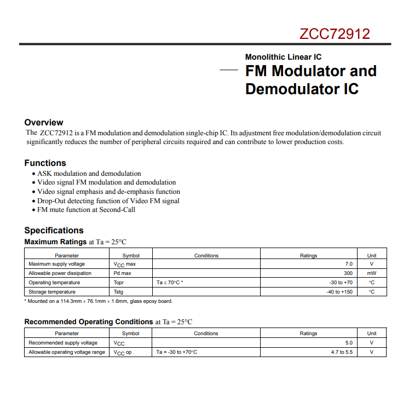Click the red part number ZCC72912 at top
click(x=335, y=34)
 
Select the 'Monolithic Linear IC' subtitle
click(x=283, y=57)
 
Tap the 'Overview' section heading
click(x=44, y=122)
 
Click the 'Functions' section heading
click(x=45, y=163)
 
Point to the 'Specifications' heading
click(x=54, y=230)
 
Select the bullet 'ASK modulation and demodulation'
click(x=89, y=174)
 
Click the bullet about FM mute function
click(x=86, y=209)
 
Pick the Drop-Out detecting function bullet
click(x=108, y=200)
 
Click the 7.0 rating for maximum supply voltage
click(x=349, y=264)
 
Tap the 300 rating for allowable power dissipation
click(x=348, y=273)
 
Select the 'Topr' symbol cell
click(x=119, y=283)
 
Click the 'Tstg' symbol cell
click(x=118, y=292)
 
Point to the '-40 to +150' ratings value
click(x=339, y=292)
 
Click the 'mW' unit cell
click(x=372, y=273)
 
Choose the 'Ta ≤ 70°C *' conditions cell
click(x=170, y=283)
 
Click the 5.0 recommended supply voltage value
click(x=349, y=343)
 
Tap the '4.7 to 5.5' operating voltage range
click(x=342, y=352)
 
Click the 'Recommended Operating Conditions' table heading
click(x=89, y=321)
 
